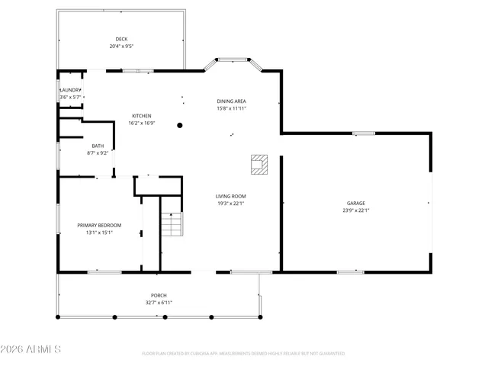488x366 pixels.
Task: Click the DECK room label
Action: tap(121, 39)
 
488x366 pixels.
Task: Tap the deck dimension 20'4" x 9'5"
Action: tap(121, 47)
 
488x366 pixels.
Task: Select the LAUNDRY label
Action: tap(71, 90)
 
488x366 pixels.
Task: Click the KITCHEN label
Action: tap(142, 116)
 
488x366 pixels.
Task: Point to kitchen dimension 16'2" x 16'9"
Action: tap(142, 123)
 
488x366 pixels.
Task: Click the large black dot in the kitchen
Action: tap(181, 125)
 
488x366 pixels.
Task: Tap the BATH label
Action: tap(98, 146)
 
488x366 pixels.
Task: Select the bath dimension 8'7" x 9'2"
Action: tap(98, 152)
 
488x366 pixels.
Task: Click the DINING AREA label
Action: tap(232, 101)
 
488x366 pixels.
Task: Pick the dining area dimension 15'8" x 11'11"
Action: tap(232, 108)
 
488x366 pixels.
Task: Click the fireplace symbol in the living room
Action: tap(259, 164)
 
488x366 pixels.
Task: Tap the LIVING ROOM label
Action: tap(230, 196)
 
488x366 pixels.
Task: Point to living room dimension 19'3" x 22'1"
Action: tap(230, 204)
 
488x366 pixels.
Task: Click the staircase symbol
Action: tap(173, 226)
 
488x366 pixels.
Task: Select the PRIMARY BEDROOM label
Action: tap(99, 225)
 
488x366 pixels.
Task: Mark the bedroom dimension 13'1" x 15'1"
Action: tap(99, 233)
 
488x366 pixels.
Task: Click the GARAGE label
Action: tap(356, 203)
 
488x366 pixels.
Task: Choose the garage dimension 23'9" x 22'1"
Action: tap(356, 210)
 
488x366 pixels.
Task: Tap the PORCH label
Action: tap(159, 295)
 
